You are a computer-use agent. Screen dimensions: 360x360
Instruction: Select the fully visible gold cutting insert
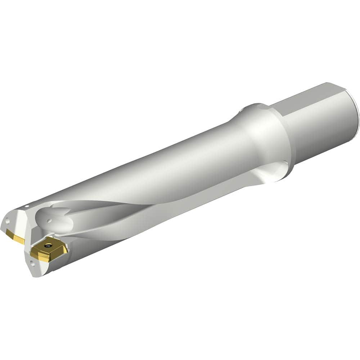coord(48,249)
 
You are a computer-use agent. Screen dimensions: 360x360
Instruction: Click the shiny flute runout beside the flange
coord(274,173)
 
